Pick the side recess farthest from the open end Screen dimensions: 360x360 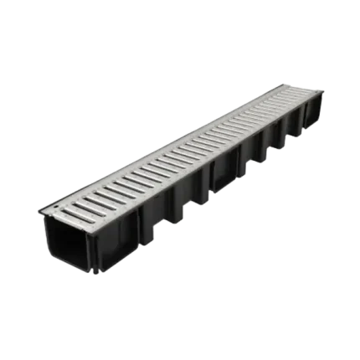click(295, 126)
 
